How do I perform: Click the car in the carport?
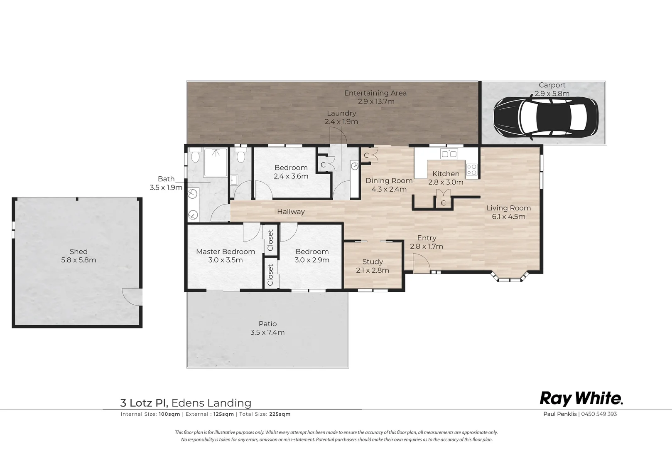pyautogui.click(x=545, y=118)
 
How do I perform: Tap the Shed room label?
pyautogui.click(x=78, y=252)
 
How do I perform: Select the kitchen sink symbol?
pyautogui.click(x=449, y=154)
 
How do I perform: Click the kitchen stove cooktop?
pyautogui.click(x=471, y=170)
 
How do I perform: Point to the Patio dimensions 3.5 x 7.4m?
pyautogui.click(x=267, y=332)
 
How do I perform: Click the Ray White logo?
pyautogui.click(x=581, y=399)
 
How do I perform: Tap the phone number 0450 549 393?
pyautogui.click(x=599, y=414)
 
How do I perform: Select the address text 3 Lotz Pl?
pyautogui.click(x=144, y=403)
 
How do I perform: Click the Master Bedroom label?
pyautogui.click(x=226, y=252)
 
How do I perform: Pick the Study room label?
pyautogui.click(x=373, y=262)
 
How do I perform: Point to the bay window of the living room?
pyautogui.click(x=510, y=278)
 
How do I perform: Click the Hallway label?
pyautogui.click(x=291, y=212)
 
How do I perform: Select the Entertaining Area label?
pyautogui.click(x=375, y=93)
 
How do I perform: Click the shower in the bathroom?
pyautogui.click(x=216, y=162)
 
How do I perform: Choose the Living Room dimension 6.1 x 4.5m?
pyautogui.click(x=508, y=217)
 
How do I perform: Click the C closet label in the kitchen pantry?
pyautogui.click(x=443, y=203)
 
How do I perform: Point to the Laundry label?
pyautogui.click(x=341, y=113)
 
